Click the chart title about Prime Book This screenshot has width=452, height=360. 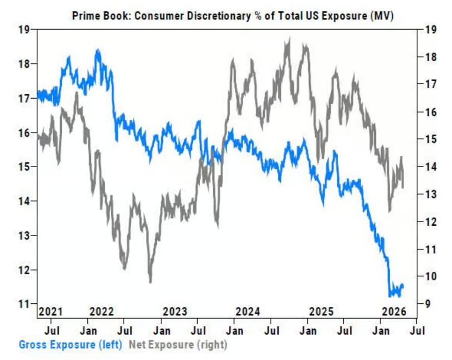(x=232, y=16)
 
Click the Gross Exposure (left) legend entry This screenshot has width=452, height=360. (x=70, y=344)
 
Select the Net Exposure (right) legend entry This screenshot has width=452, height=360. (x=177, y=344)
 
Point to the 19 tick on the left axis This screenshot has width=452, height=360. (x=24, y=30)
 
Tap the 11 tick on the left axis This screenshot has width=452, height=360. (x=24, y=304)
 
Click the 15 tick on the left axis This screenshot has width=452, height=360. (x=24, y=166)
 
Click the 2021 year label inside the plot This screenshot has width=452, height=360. (x=51, y=311)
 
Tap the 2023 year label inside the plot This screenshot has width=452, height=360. (x=175, y=311)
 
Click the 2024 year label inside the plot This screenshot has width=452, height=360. (x=248, y=311)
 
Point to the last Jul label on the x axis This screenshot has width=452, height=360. (x=416, y=330)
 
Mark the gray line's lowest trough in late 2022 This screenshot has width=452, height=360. (x=150, y=281)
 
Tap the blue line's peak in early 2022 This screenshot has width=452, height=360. (x=98, y=50)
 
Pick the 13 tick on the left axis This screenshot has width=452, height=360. (x=24, y=235)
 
